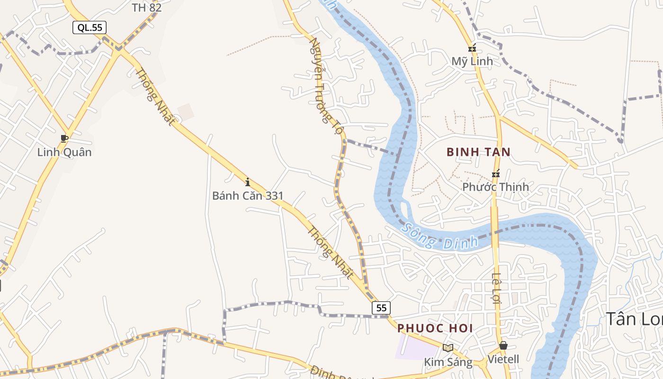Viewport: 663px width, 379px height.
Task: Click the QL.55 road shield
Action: [90, 27]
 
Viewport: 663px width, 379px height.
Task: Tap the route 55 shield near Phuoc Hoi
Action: [381, 308]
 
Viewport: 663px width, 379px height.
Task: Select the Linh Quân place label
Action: [64, 152]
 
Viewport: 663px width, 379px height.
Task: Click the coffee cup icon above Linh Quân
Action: [64, 138]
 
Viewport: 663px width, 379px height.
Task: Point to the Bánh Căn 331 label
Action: [247, 196]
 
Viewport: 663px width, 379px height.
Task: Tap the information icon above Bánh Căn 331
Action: [247, 182]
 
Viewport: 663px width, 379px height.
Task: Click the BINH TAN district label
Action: [479, 152]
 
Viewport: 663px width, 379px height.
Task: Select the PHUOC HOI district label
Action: [435, 328]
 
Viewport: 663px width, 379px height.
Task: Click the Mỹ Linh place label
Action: [472, 61]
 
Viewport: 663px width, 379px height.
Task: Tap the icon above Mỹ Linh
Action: [472, 48]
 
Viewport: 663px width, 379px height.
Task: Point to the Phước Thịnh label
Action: [495, 187]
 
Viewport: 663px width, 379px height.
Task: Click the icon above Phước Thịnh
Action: [496, 174]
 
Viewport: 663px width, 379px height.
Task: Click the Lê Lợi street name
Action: [496, 288]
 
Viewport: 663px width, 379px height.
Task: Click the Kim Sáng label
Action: [448, 362]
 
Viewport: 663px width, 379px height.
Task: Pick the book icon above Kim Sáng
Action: [448, 348]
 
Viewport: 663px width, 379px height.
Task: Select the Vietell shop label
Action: [503, 359]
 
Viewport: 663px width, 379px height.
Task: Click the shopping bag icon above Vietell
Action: [503, 345]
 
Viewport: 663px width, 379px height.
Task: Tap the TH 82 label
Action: [146, 8]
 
